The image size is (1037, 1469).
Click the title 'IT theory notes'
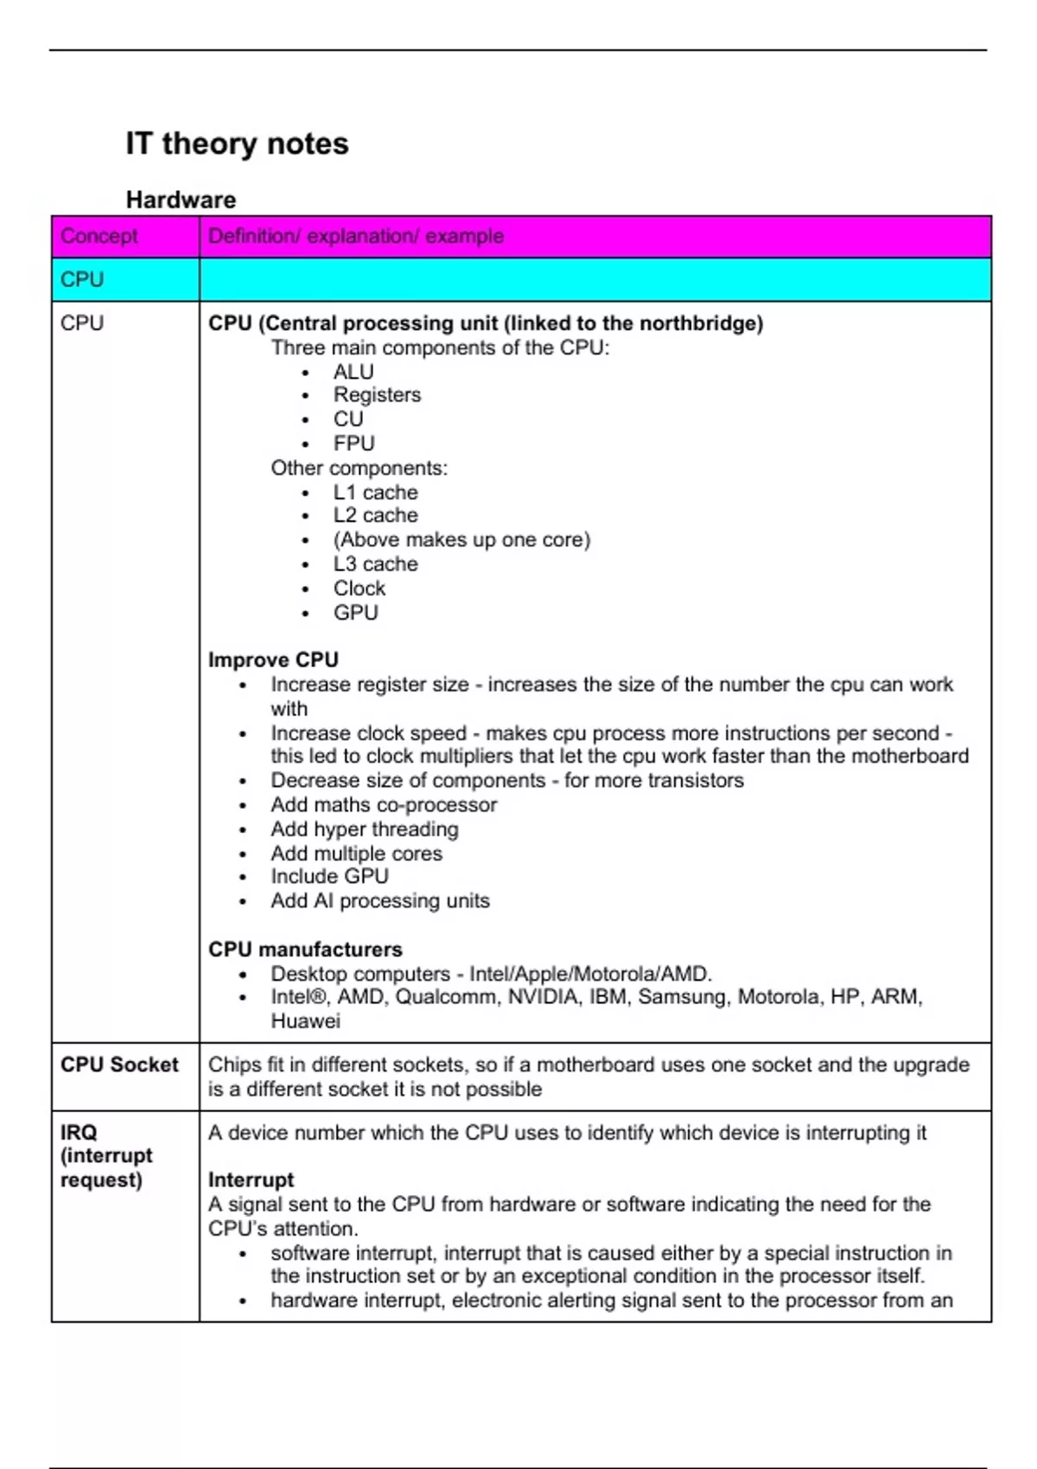click(x=237, y=143)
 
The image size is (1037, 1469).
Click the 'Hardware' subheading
click(x=181, y=200)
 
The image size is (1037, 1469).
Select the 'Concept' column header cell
click(x=99, y=236)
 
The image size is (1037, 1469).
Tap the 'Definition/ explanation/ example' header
click(x=355, y=236)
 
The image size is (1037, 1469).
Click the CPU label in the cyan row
click(x=82, y=279)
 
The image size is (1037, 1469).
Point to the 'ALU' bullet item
click(x=353, y=372)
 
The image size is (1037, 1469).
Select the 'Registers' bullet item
click(x=377, y=395)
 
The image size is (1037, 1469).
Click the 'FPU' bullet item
click(x=353, y=443)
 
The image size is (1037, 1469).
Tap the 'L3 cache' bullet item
click(x=375, y=563)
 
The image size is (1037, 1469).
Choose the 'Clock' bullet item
click(x=359, y=588)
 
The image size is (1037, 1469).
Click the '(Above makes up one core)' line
click(x=461, y=539)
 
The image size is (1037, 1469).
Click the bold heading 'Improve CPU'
click(x=273, y=659)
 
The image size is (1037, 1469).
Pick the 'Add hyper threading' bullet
click(x=364, y=829)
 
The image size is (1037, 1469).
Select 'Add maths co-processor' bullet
click(x=383, y=804)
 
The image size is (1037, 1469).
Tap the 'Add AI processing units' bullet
click(x=379, y=900)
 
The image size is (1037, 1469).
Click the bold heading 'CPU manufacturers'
click(x=305, y=949)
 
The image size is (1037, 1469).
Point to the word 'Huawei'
click(x=305, y=1021)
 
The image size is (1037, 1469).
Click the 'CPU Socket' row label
click(x=119, y=1065)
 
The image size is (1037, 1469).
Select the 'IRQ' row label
click(x=79, y=1132)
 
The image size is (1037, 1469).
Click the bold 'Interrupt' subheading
click(x=251, y=1180)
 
